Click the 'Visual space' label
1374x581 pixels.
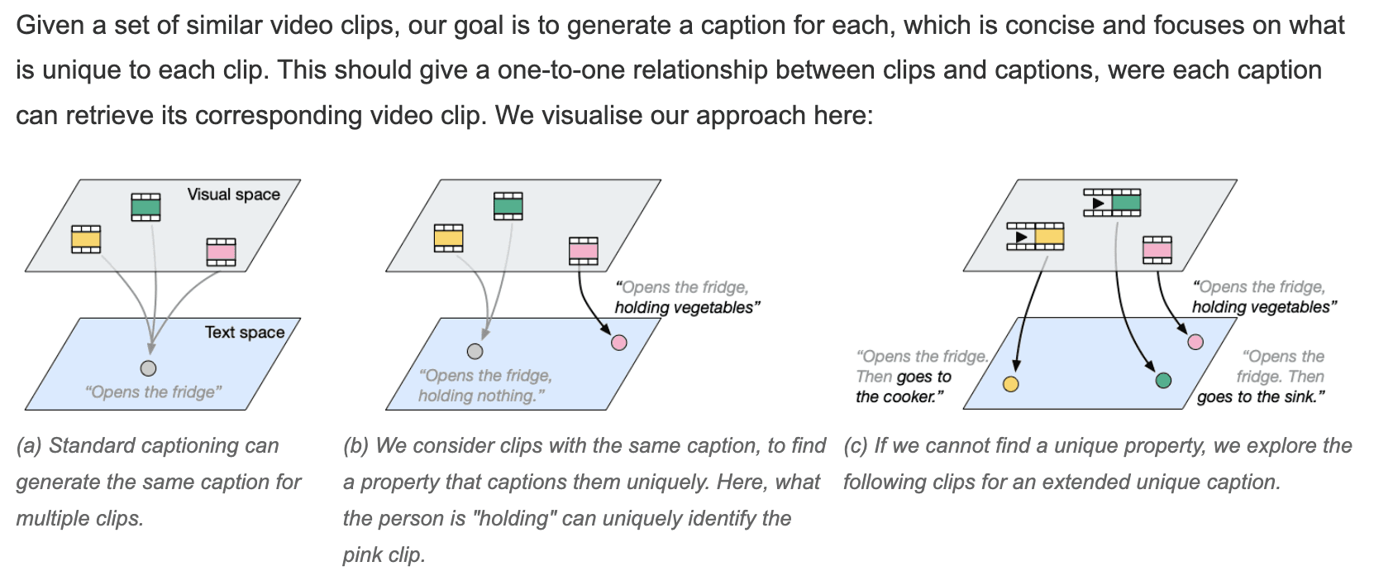(x=233, y=194)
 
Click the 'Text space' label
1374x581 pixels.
(x=244, y=332)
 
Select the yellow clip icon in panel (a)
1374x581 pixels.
(x=86, y=239)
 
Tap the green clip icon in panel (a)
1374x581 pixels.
(x=146, y=207)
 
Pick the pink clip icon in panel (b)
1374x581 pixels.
(x=583, y=251)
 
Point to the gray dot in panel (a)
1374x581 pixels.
(x=148, y=368)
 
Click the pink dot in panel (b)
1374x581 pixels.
(x=618, y=342)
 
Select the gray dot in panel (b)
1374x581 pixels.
(x=475, y=351)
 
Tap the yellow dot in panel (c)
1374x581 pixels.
(x=1010, y=383)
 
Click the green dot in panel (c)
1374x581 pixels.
(x=1163, y=381)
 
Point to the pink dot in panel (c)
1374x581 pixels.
(x=1195, y=341)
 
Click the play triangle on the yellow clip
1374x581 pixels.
(x=1021, y=237)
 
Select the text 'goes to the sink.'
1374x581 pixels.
(x=1261, y=396)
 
